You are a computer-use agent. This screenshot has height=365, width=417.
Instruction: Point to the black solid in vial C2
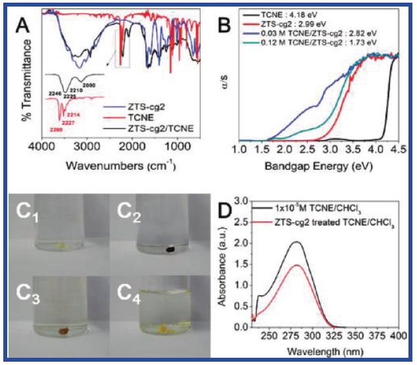(170, 249)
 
